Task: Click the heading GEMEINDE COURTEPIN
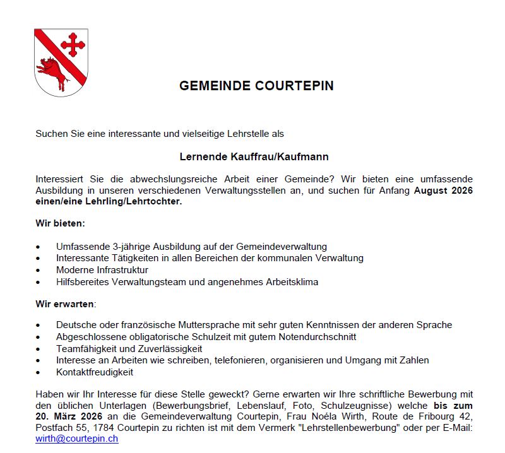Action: coord(256,86)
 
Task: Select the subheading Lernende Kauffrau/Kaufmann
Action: coord(254,156)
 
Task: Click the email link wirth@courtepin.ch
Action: coord(76,438)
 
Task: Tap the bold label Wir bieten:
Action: coord(60,223)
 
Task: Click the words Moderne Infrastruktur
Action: coord(102,270)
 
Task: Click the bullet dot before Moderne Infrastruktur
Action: coord(39,271)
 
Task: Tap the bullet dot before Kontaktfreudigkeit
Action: coord(39,373)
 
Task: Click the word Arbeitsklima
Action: coord(290,282)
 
